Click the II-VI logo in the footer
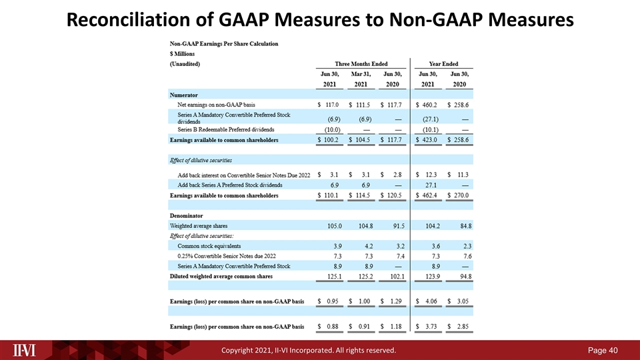(24, 350)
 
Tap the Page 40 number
(603, 350)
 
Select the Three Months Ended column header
(361, 64)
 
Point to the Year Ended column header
(444, 64)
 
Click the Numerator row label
(184, 95)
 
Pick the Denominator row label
(186, 215)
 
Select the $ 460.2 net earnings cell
(427, 105)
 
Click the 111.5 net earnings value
(363, 105)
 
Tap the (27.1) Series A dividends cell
(431, 119)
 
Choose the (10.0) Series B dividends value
(332, 130)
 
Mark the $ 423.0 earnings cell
(427, 139)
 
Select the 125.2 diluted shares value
(366, 276)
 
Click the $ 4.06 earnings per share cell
(427, 301)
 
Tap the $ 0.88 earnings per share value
(328, 327)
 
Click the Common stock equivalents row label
(209, 246)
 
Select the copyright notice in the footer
(309, 350)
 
